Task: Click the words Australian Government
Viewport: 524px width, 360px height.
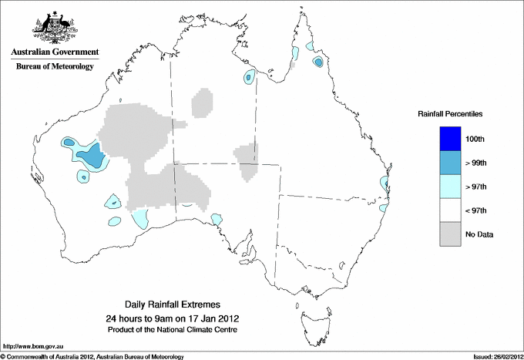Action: [x=54, y=52]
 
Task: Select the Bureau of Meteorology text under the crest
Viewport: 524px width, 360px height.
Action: [x=54, y=67]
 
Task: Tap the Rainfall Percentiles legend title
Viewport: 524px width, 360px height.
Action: [x=450, y=114]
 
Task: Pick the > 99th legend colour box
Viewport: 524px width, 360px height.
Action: [x=450, y=162]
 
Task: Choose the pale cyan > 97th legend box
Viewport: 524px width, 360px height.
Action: [x=450, y=186]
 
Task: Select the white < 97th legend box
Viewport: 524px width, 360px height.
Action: [x=450, y=210]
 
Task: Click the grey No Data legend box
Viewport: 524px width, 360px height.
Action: [x=450, y=234]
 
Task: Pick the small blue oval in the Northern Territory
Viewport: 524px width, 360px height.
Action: [x=248, y=76]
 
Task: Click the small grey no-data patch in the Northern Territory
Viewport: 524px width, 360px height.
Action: [x=203, y=103]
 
